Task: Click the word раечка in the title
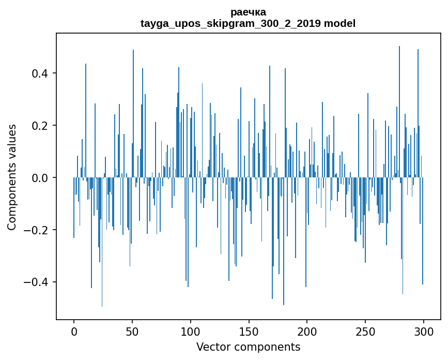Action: tap(248, 12)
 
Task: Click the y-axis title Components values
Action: tap(12, 177)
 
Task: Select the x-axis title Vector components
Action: tap(248, 347)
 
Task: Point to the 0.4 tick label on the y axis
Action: tap(40, 73)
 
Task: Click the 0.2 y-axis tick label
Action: tap(40, 125)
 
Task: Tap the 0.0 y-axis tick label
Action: tap(40, 177)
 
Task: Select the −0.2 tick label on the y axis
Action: tap(36, 230)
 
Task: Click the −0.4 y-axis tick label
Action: tap(36, 282)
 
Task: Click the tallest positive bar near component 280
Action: tap(399, 103)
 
